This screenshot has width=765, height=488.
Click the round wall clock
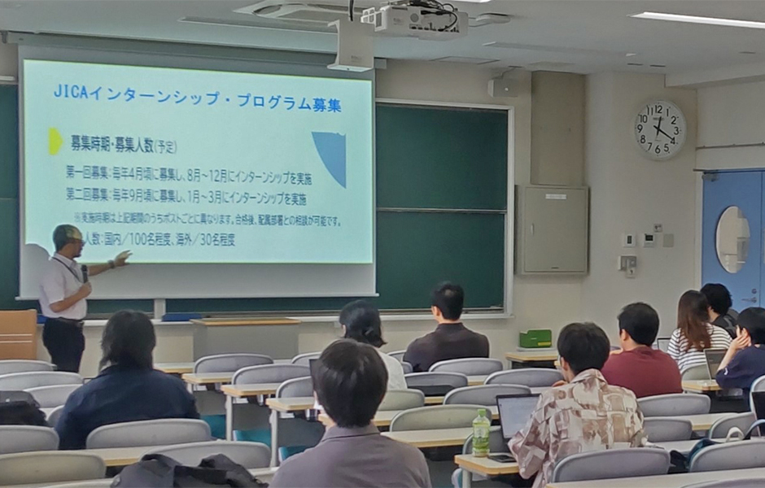tap(659, 129)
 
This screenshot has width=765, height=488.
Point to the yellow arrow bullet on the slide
tap(55, 141)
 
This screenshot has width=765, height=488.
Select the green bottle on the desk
tap(481, 433)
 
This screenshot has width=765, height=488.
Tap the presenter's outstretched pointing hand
tap(122, 259)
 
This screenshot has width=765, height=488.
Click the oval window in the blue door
tap(732, 239)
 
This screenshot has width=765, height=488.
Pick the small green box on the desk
tap(535, 338)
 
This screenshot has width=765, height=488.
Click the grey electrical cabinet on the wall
tap(552, 229)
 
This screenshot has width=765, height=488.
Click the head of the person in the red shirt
tap(638, 324)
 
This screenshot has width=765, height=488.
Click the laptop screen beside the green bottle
tap(516, 416)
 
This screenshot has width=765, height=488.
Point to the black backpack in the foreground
tap(187, 472)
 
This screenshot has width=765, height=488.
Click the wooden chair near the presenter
tap(17, 333)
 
